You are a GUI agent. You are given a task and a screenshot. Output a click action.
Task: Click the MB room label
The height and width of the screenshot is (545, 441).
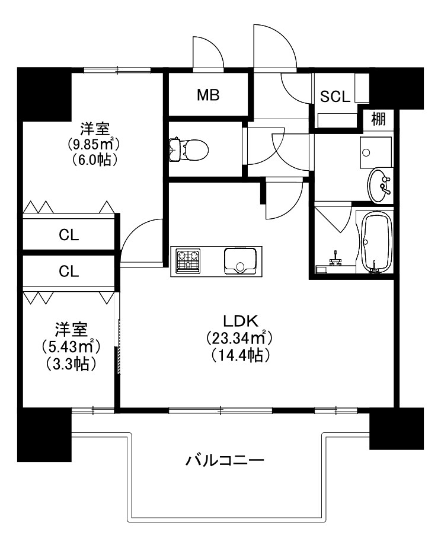click(x=208, y=95)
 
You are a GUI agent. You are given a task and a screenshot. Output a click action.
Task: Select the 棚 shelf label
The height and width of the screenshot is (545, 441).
click(x=378, y=119)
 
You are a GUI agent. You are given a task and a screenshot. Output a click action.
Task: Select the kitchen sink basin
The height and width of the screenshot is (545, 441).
click(x=239, y=260)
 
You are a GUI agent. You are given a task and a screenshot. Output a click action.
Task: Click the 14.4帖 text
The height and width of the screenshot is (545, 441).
click(x=239, y=355)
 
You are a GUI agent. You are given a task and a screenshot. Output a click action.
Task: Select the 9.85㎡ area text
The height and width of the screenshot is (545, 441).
click(x=94, y=144)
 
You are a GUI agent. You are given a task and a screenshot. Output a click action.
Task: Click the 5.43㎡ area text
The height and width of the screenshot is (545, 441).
click(x=69, y=346)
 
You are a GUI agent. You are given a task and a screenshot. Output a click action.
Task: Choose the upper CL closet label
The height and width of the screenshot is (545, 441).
click(x=69, y=235)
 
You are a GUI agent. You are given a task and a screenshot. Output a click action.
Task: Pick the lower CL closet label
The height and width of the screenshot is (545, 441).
click(x=69, y=272)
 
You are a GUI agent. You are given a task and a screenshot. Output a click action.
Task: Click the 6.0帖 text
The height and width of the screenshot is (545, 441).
click(x=94, y=160)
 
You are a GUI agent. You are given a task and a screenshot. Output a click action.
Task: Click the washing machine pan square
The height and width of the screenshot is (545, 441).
click(x=375, y=152)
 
